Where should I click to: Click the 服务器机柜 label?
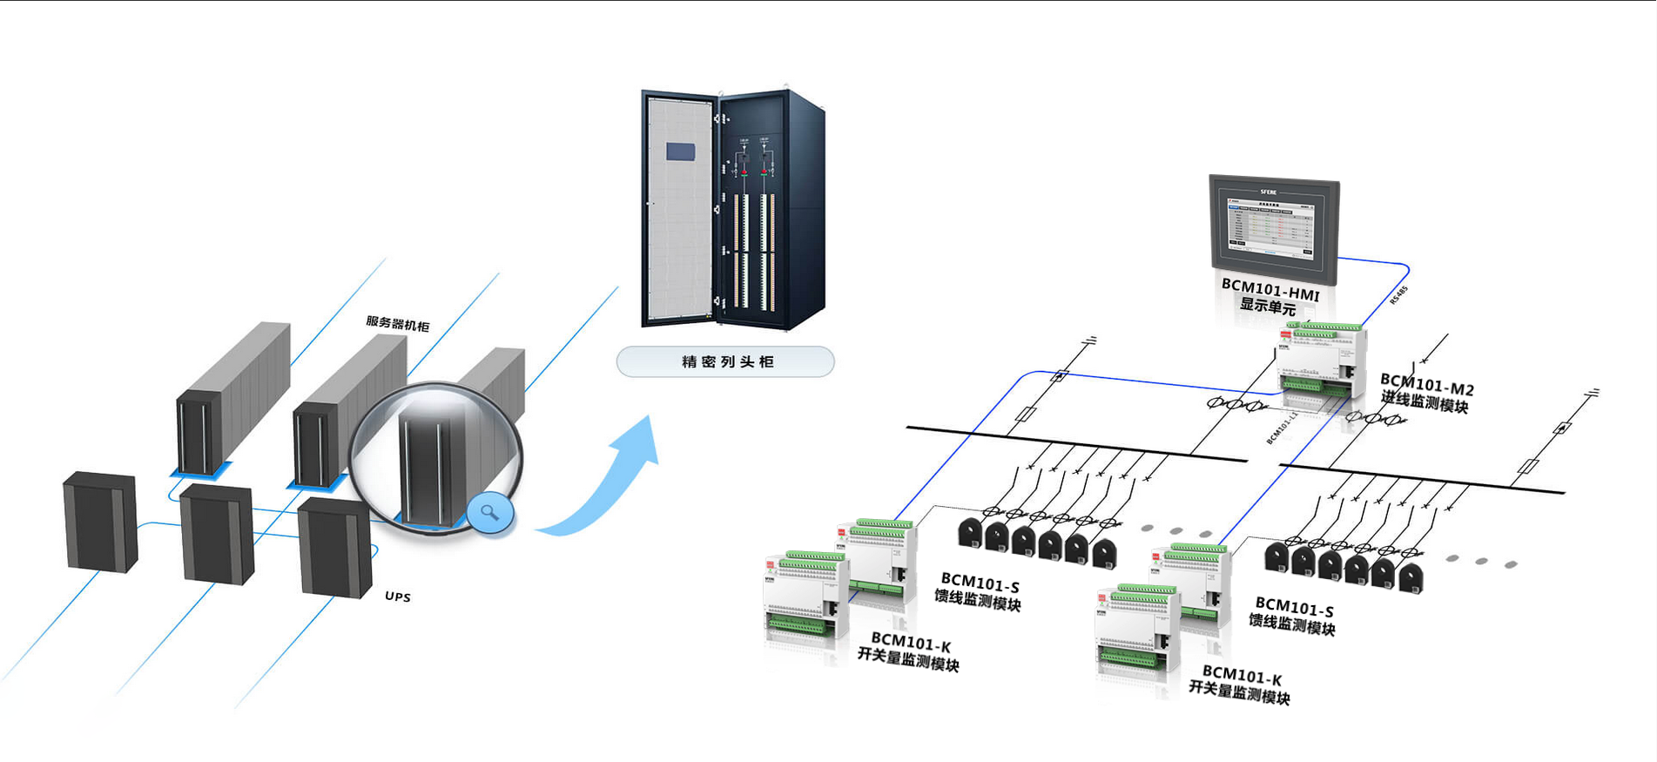click(x=397, y=324)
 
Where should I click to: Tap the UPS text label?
click(x=397, y=597)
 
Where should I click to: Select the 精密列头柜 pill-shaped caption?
click(x=725, y=361)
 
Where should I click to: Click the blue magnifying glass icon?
click(x=489, y=513)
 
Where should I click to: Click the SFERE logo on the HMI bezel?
click(x=1269, y=192)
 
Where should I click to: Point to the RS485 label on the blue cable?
click(x=1398, y=295)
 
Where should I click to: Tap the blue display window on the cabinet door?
click(x=680, y=152)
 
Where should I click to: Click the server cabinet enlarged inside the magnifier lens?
click(x=427, y=470)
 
